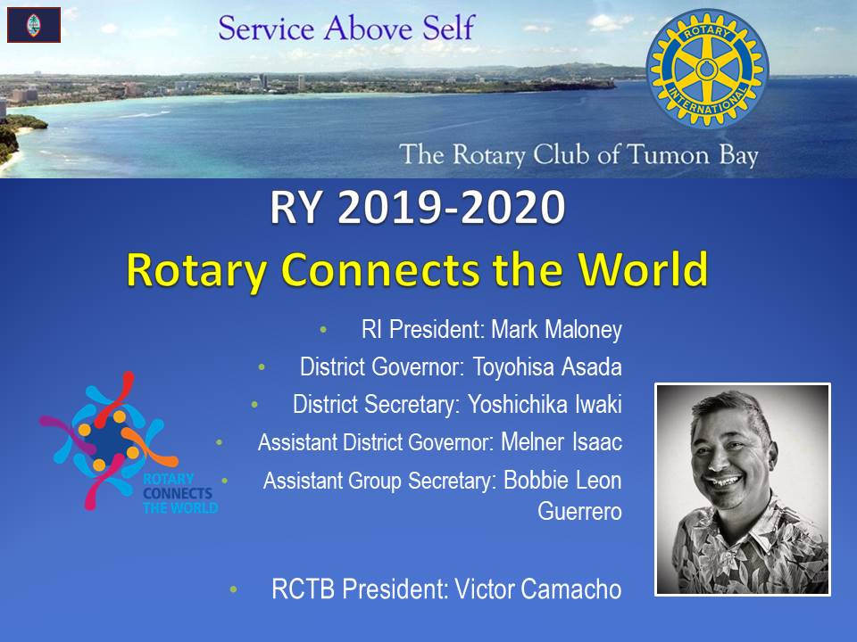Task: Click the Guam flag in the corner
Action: click(x=34, y=25)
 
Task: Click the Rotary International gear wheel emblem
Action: click(x=707, y=69)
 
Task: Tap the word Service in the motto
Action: click(x=266, y=29)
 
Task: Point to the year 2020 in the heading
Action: click(x=512, y=208)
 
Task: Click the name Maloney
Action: click(x=583, y=330)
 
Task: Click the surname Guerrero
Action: click(x=579, y=512)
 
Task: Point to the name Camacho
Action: click(x=570, y=589)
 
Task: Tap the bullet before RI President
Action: click(x=323, y=330)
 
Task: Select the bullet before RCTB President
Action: click(x=234, y=589)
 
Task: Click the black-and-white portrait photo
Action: click(x=742, y=490)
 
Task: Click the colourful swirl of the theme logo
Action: click(x=106, y=440)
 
